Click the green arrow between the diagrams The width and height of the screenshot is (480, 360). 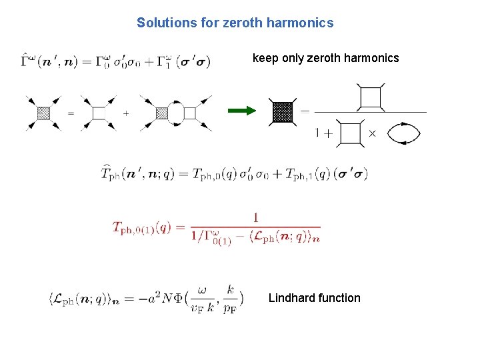[245, 111]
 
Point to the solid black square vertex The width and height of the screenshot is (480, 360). [283, 111]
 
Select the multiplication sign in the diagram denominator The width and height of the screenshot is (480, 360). [372, 133]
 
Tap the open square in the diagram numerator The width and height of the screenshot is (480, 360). [370, 97]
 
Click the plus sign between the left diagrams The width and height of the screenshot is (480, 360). [126, 113]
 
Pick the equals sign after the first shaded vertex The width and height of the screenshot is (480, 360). [71, 113]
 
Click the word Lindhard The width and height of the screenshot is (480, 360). [291, 298]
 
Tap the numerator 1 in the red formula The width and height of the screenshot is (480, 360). [256, 217]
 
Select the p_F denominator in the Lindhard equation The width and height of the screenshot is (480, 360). [230, 307]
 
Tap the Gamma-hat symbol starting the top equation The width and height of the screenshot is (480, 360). [27, 63]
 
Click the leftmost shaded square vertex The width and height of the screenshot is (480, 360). [44, 113]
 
